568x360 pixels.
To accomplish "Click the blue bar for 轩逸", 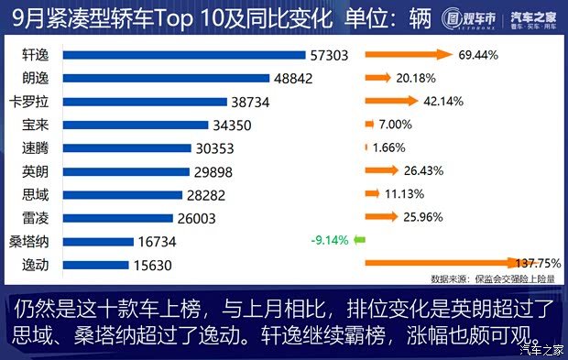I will [x=174, y=55].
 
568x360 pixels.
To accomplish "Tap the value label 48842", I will [x=294, y=79].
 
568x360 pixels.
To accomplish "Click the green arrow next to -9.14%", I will [x=360, y=241].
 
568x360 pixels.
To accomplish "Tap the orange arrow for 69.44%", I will [x=409, y=55].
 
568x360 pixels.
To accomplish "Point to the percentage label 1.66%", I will [x=389, y=147].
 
